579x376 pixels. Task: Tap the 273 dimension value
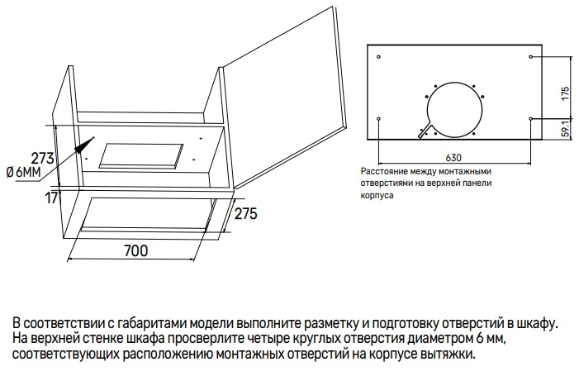42,157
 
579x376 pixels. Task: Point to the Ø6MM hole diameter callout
23,172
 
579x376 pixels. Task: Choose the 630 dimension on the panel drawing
453,156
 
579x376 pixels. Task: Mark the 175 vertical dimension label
565,93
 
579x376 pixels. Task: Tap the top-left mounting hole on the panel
379,57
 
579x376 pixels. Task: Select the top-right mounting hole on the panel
529,57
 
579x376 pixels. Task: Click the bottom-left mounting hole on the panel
378,119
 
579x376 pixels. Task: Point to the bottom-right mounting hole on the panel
529,119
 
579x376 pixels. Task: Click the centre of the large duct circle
453,107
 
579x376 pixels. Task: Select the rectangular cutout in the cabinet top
140,154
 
